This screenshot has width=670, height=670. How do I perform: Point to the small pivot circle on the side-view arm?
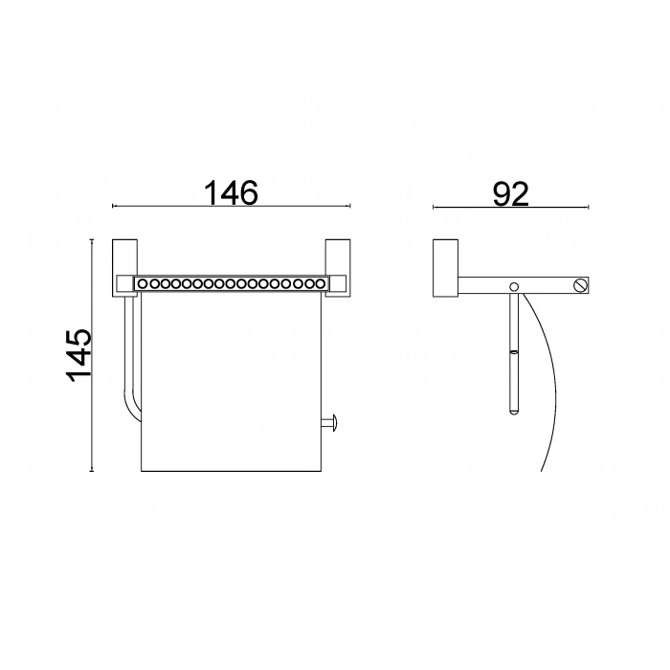(514, 286)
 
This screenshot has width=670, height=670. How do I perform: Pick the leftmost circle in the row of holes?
(143, 284)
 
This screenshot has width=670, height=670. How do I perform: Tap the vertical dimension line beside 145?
(92, 355)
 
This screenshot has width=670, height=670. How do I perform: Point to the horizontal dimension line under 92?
(511, 207)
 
